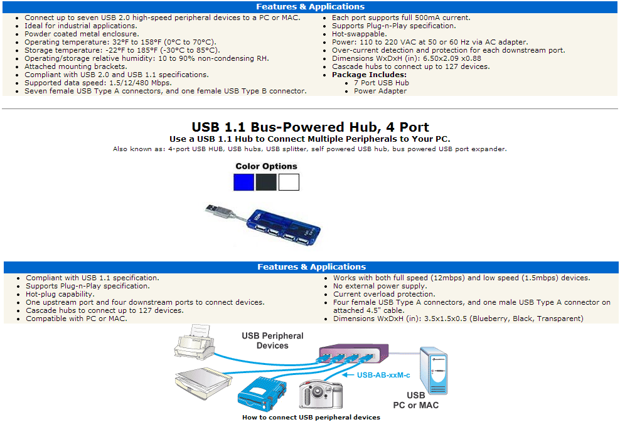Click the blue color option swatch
tap(243, 182)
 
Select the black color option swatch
tap(266, 182)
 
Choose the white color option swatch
tap(289, 182)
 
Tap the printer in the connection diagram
tap(195, 342)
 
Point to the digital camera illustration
tap(321, 394)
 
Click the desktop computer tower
tap(434, 371)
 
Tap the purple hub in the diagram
tap(353, 353)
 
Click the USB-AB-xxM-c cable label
tap(383, 375)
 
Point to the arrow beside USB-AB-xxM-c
tap(348, 375)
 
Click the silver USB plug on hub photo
tap(218, 210)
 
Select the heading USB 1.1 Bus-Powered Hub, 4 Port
tap(310, 127)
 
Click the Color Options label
tap(266, 166)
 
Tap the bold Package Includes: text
tap(369, 75)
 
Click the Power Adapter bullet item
tap(380, 91)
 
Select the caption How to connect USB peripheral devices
tap(311, 418)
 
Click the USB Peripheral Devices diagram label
tap(272, 340)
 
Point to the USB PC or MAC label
tap(416, 400)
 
